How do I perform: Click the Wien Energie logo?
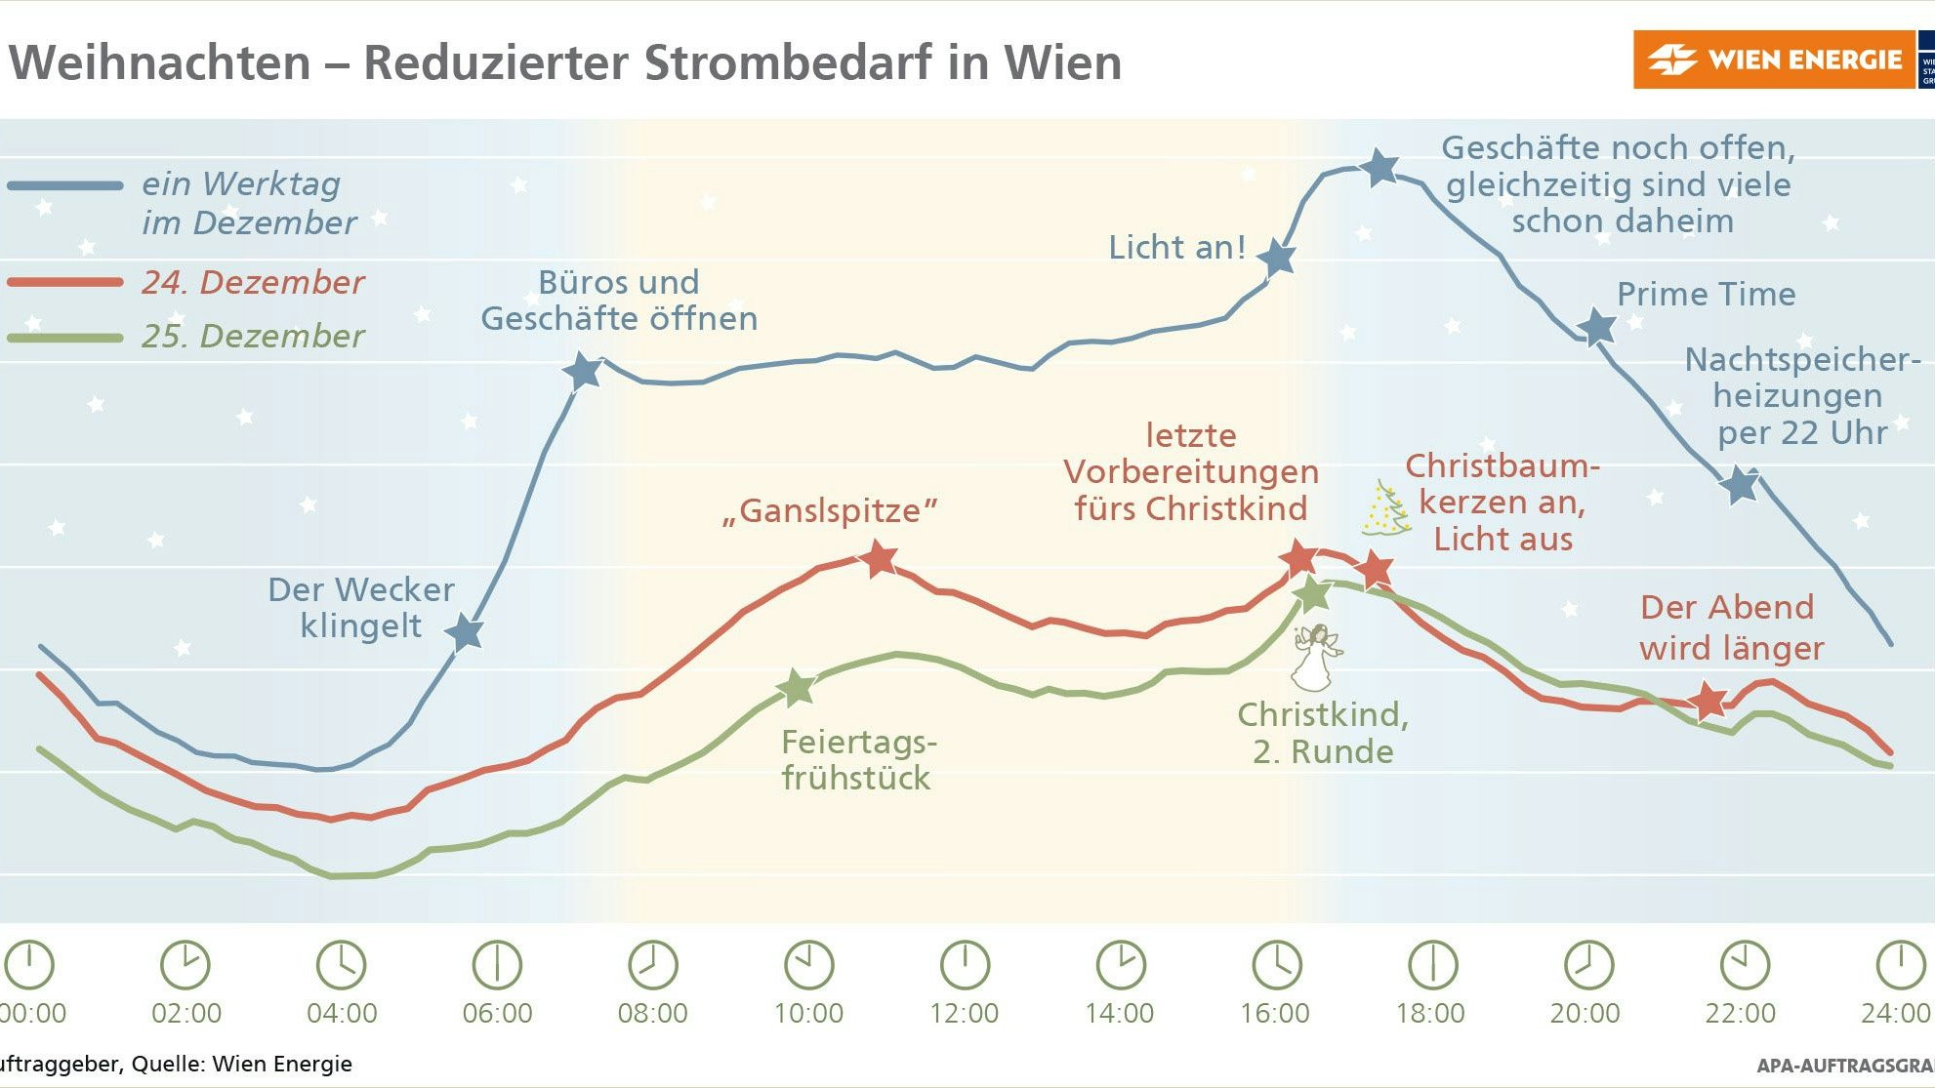(x=1773, y=60)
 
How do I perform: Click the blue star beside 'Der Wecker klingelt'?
(x=466, y=632)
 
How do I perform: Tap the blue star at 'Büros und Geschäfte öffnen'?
(x=583, y=371)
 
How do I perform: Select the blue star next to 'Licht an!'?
(x=1276, y=258)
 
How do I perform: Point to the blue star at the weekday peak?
(x=1379, y=168)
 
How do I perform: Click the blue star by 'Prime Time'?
(x=1597, y=328)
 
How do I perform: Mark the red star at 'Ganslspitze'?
(x=879, y=558)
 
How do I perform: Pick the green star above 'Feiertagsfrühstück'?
(x=797, y=688)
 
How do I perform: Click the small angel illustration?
(x=1315, y=657)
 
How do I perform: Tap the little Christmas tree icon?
(x=1385, y=509)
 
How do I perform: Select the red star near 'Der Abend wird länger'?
(x=1708, y=701)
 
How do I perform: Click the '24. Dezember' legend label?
(x=252, y=282)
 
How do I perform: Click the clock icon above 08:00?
(x=652, y=965)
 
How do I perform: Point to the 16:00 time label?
(x=1275, y=1013)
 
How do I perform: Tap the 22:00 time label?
(x=1741, y=1013)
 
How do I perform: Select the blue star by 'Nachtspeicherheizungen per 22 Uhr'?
(x=1740, y=484)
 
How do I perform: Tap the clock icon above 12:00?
(x=965, y=965)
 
